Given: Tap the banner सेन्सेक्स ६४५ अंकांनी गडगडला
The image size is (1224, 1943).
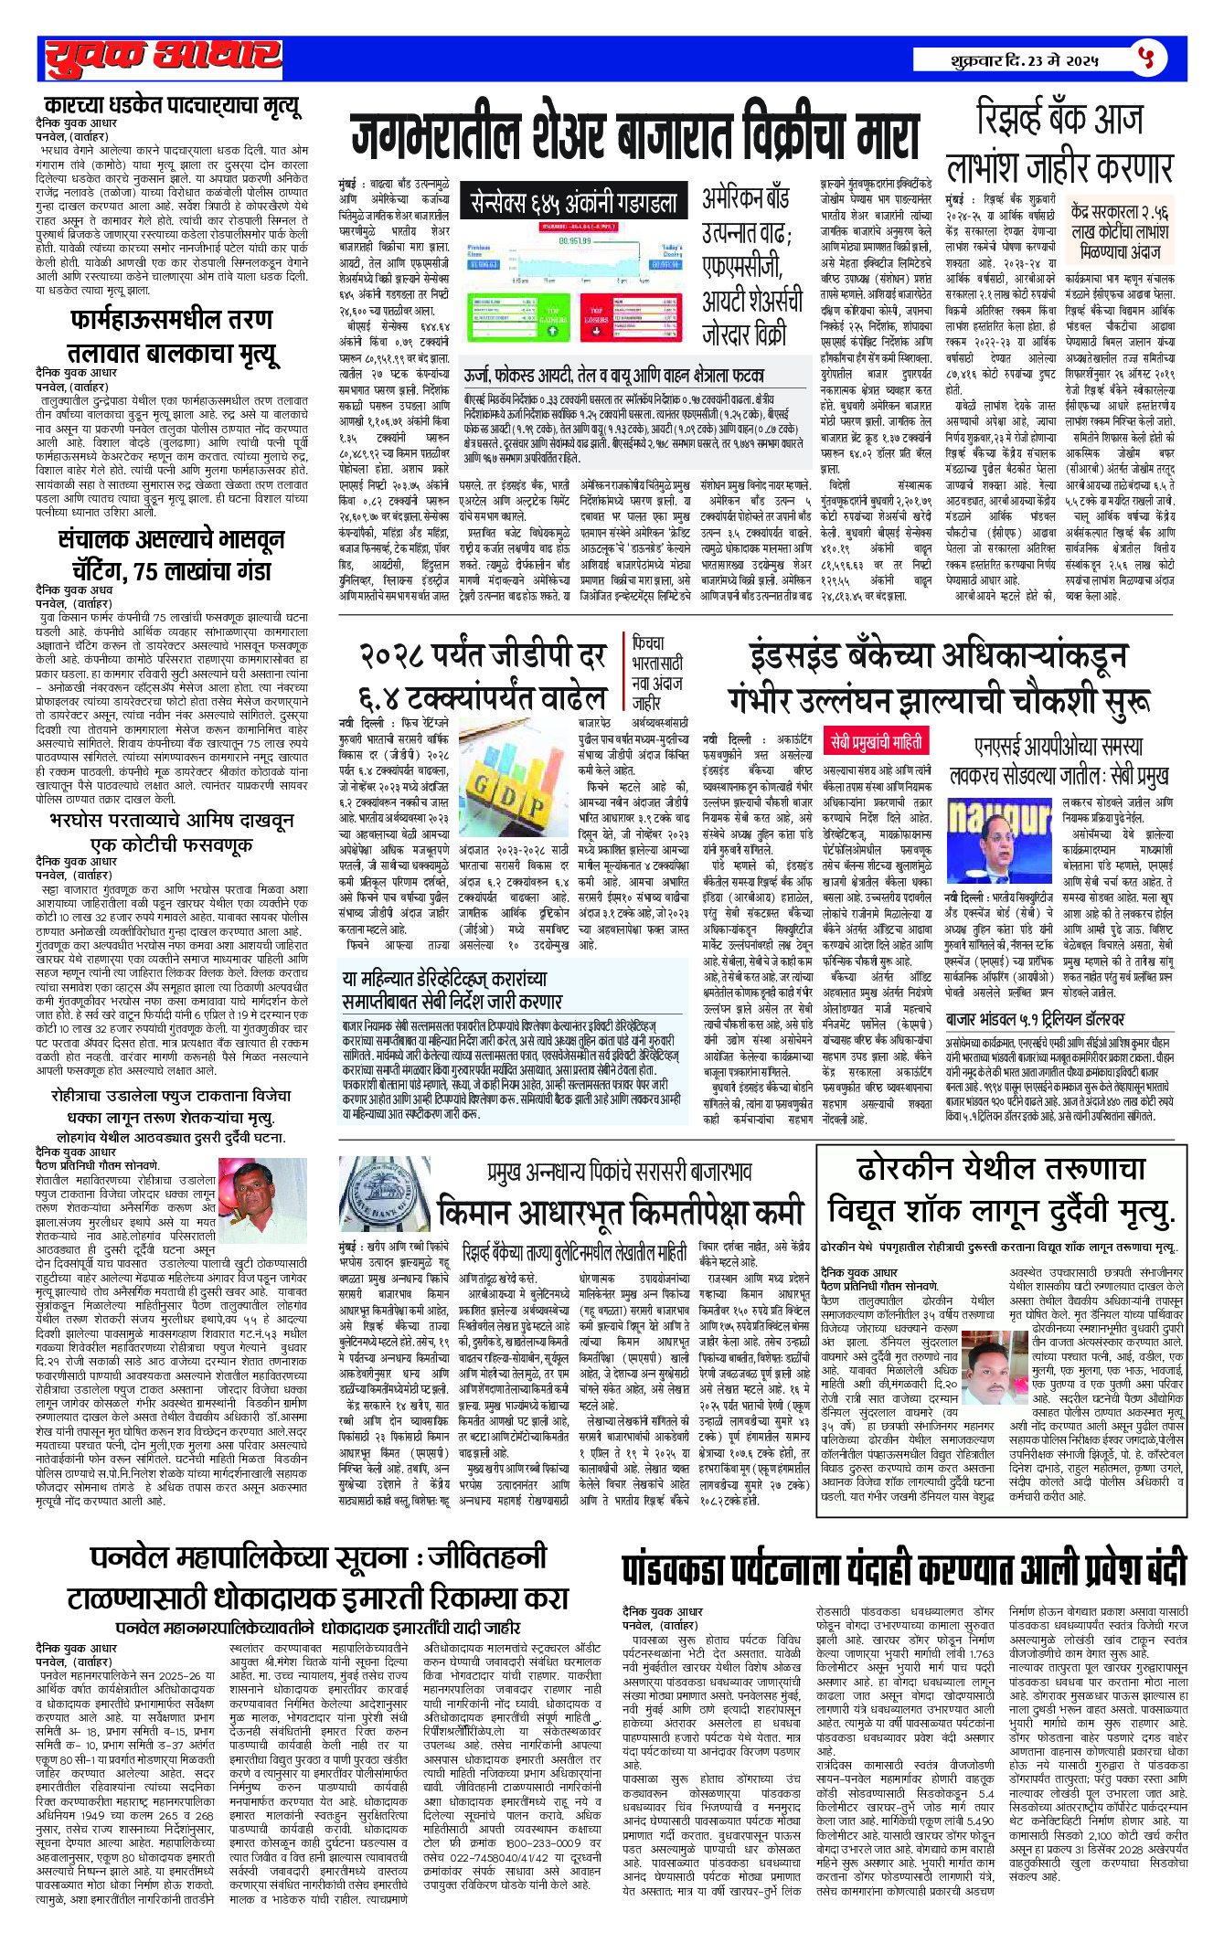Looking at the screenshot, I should [x=574, y=202].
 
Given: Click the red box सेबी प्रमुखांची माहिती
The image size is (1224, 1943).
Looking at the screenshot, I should [x=875, y=741].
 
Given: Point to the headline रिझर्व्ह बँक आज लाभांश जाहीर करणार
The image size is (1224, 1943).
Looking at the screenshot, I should [x=1059, y=143].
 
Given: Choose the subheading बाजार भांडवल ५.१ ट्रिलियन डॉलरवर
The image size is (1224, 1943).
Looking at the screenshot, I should [x=1035, y=1019].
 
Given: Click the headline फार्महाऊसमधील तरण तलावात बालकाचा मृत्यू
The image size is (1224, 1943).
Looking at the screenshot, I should [x=172, y=335].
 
